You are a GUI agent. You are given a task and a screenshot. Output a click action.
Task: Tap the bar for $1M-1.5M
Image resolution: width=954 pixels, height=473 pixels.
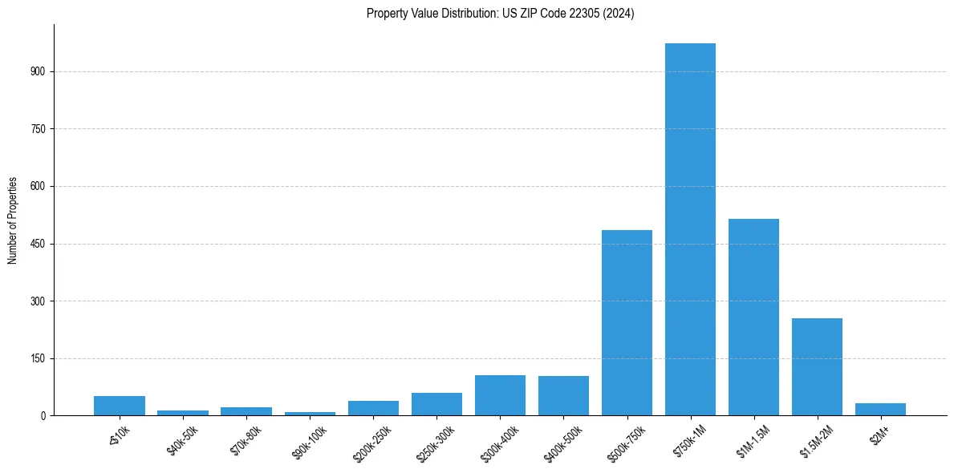[x=753, y=317]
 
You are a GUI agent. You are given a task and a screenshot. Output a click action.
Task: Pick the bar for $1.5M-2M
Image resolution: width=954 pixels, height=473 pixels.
[x=817, y=366]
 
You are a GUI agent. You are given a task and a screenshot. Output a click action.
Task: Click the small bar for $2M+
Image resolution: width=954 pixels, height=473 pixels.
[x=880, y=410]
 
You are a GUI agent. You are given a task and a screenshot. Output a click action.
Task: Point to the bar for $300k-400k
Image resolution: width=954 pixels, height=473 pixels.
[x=500, y=395]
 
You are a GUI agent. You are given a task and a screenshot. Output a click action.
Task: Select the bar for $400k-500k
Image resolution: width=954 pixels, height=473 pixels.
[x=563, y=396]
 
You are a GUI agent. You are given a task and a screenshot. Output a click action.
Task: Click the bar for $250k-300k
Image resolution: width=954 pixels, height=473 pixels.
[x=436, y=404]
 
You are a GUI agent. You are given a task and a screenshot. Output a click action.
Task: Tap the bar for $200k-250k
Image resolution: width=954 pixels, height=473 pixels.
[x=373, y=408]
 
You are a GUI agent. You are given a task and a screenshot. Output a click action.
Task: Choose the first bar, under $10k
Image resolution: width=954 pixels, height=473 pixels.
[x=120, y=406]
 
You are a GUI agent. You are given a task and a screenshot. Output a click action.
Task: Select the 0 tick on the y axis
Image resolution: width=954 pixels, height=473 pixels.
[x=45, y=416]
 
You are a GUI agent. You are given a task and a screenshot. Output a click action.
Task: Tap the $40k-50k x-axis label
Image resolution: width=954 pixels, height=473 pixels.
[x=182, y=440]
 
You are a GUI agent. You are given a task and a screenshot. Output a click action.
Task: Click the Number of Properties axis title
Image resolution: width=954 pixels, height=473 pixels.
[x=13, y=220]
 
